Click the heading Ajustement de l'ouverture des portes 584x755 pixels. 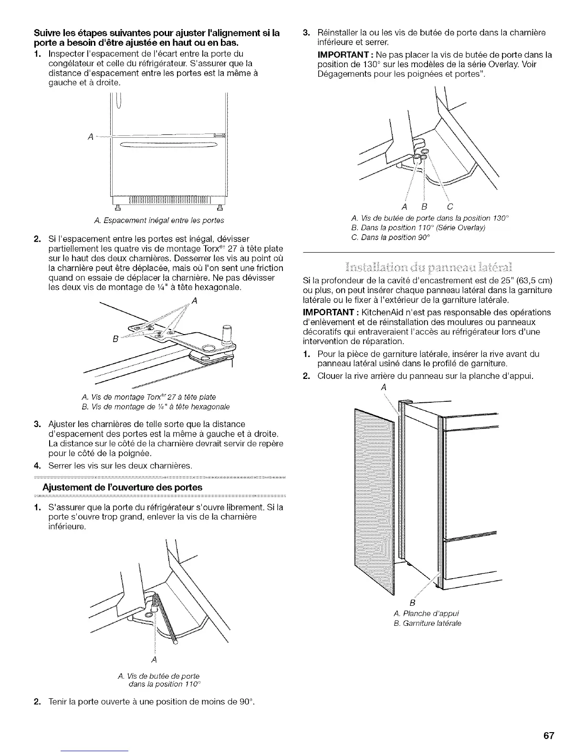122,487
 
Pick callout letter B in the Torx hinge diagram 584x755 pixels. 115,339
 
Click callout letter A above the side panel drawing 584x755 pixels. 383,388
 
